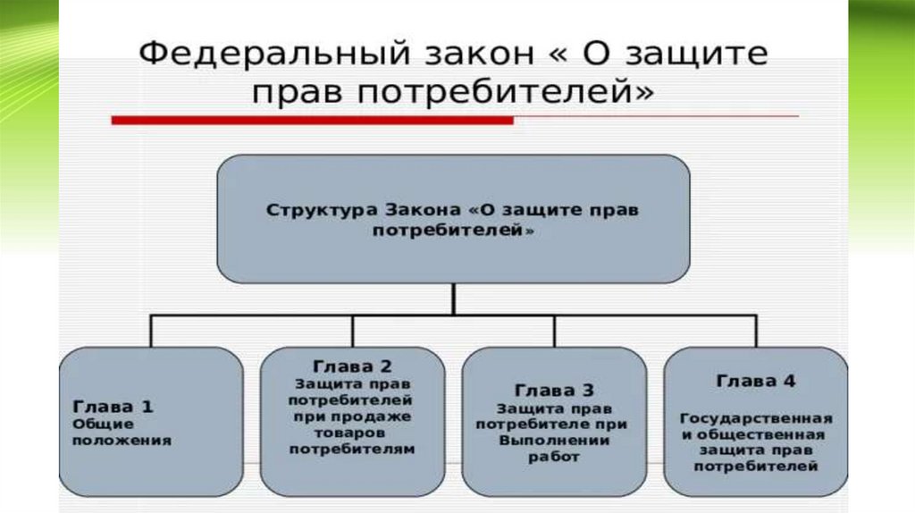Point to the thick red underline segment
tap(312, 120)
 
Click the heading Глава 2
tap(351, 366)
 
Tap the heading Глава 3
tap(554, 390)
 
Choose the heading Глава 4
tap(755, 381)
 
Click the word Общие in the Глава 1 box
tap(90, 423)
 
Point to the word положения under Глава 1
tap(108, 440)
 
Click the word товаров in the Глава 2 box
tap(351, 433)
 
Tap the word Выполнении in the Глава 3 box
tap(554, 441)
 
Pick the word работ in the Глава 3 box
tap(554, 457)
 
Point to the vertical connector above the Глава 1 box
tap(150, 330)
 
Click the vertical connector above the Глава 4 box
tap(756, 330)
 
